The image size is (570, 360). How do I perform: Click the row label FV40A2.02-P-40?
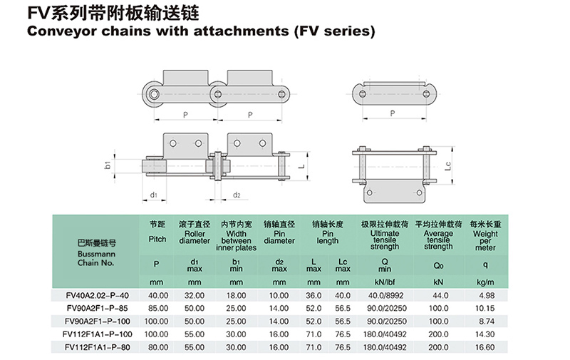click(x=97, y=295)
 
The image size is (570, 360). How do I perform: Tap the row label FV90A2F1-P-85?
click(x=97, y=308)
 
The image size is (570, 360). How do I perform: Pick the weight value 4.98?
click(x=484, y=295)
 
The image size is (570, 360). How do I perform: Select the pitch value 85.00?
click(x=157, y=308)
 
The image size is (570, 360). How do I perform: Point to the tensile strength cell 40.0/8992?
click(x=385, y=295)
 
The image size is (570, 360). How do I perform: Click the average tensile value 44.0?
click(x=438, y=295)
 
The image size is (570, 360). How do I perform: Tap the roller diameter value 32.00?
click(x=195, y=295)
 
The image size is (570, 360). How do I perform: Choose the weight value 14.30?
click(x=484, y=334)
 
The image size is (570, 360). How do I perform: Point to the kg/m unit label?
click(x=484, y=282)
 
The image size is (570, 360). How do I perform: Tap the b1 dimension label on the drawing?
click(x=108, y=165)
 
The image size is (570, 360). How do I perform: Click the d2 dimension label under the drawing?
click(x=237, y=195)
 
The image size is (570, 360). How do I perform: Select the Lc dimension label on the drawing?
click(x=447, y=166)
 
